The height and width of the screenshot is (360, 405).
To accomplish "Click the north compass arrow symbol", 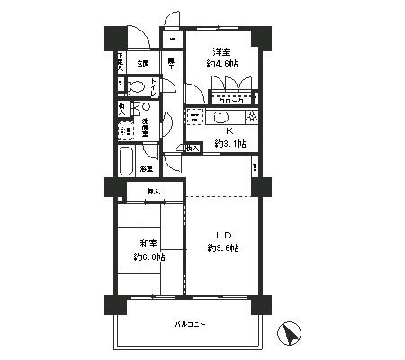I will click(291, 335).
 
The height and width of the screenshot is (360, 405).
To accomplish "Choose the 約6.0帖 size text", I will click(148, 256).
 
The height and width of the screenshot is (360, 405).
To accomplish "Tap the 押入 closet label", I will click(154, 192).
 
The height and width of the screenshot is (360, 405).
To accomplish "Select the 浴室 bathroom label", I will click(146, 167).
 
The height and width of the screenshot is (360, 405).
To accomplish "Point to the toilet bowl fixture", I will click(135, 87).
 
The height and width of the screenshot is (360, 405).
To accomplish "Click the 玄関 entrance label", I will click(143, 64).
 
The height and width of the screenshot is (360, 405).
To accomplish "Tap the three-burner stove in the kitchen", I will click(250, 117).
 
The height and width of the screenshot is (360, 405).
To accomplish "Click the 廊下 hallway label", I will click(171, 62).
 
